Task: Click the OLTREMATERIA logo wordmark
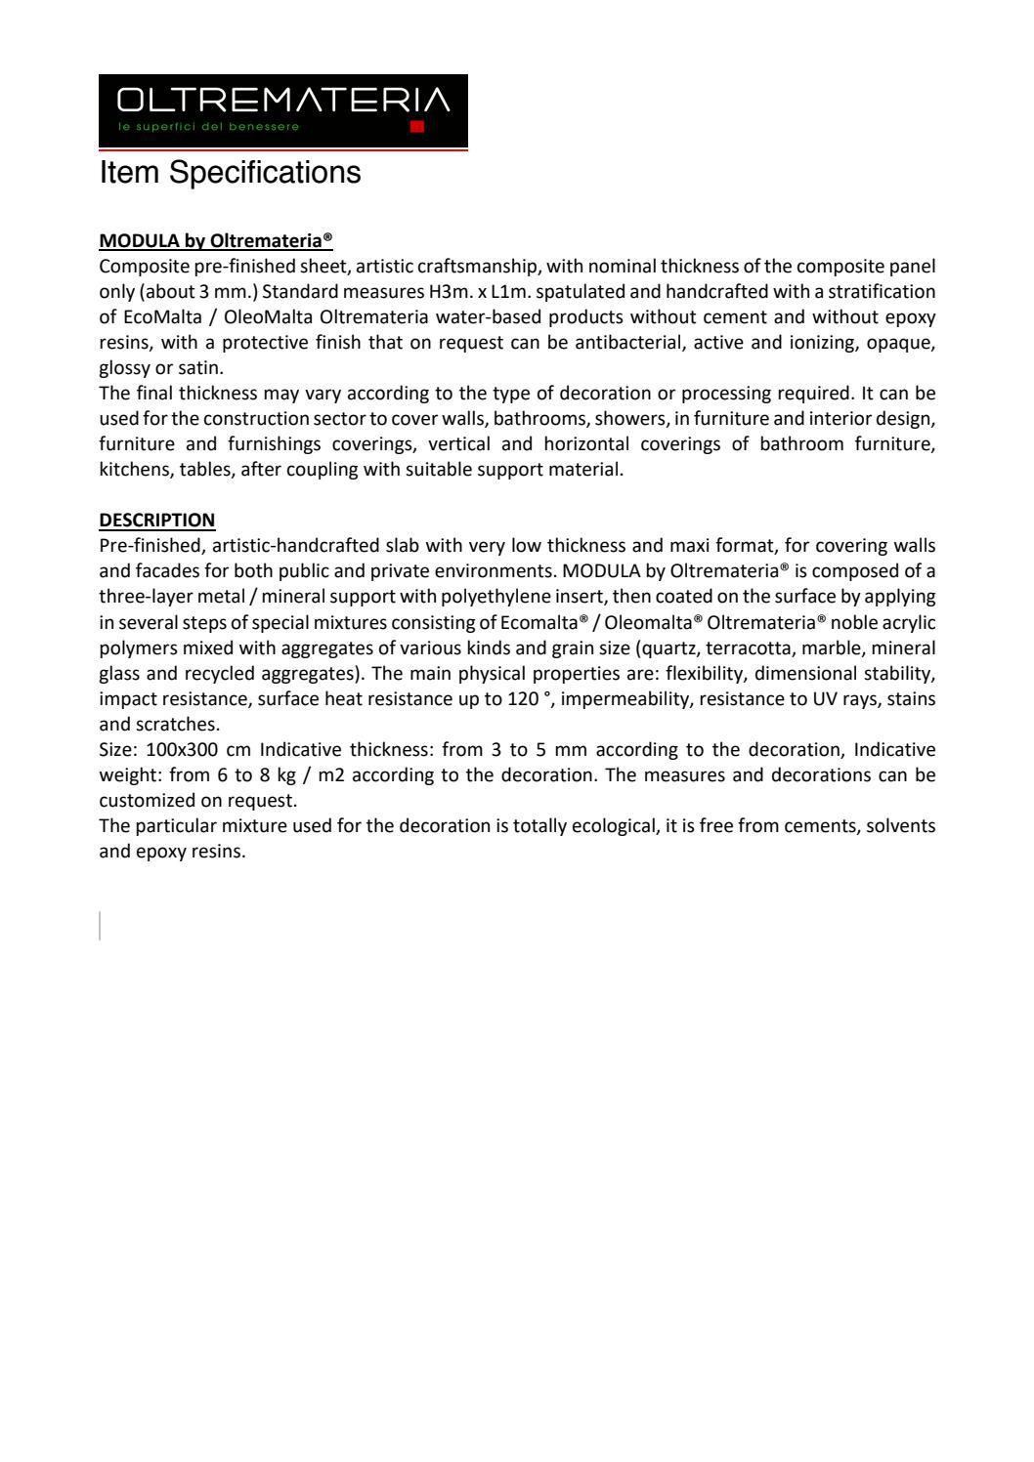(282, 101)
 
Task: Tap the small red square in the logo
(417, 127)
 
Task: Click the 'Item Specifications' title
(230, 173)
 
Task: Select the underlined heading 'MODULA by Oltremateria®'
(216, 240)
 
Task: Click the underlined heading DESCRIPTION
(156, 520)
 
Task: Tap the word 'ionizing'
(832, 343)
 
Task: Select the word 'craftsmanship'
(466, 267)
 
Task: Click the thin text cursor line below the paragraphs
(100, 925)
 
